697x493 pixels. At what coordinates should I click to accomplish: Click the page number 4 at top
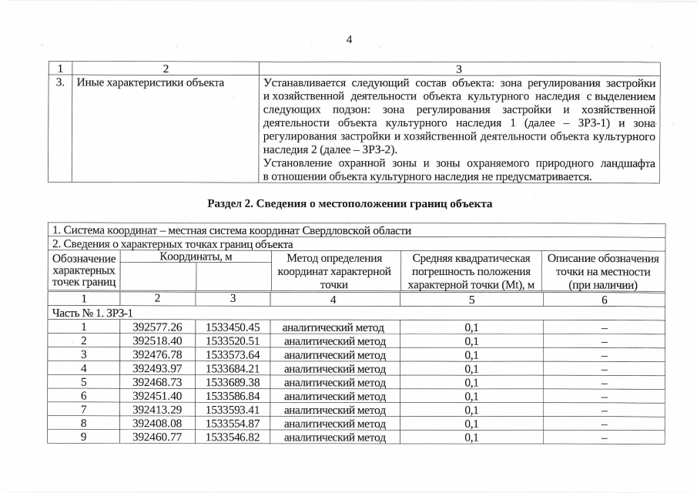point(349,40)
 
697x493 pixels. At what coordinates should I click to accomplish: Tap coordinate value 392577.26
point(157,327)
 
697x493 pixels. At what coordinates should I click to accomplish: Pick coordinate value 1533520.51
point(233,340)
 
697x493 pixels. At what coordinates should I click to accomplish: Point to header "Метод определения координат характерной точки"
point(333,271)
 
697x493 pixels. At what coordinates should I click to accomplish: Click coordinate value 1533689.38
point(233,382)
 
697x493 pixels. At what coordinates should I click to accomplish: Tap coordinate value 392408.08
point(157,424)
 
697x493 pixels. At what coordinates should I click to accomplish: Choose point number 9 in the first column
point(83,438)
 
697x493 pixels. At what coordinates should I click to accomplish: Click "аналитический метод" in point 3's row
point(333,354)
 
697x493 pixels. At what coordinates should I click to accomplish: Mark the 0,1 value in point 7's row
point(471,410)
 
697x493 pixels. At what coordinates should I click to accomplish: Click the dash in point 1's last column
point(604,327)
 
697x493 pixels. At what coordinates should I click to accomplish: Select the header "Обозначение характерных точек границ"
point(83,271)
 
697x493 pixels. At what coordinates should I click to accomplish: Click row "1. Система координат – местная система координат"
point(231,230)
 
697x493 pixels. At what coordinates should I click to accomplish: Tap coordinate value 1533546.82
point(233,438)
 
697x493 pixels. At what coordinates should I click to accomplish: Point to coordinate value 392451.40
point(157,396)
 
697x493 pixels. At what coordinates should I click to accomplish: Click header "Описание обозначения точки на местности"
point(604,271)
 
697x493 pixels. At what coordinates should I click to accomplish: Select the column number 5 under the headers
point(471,299)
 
